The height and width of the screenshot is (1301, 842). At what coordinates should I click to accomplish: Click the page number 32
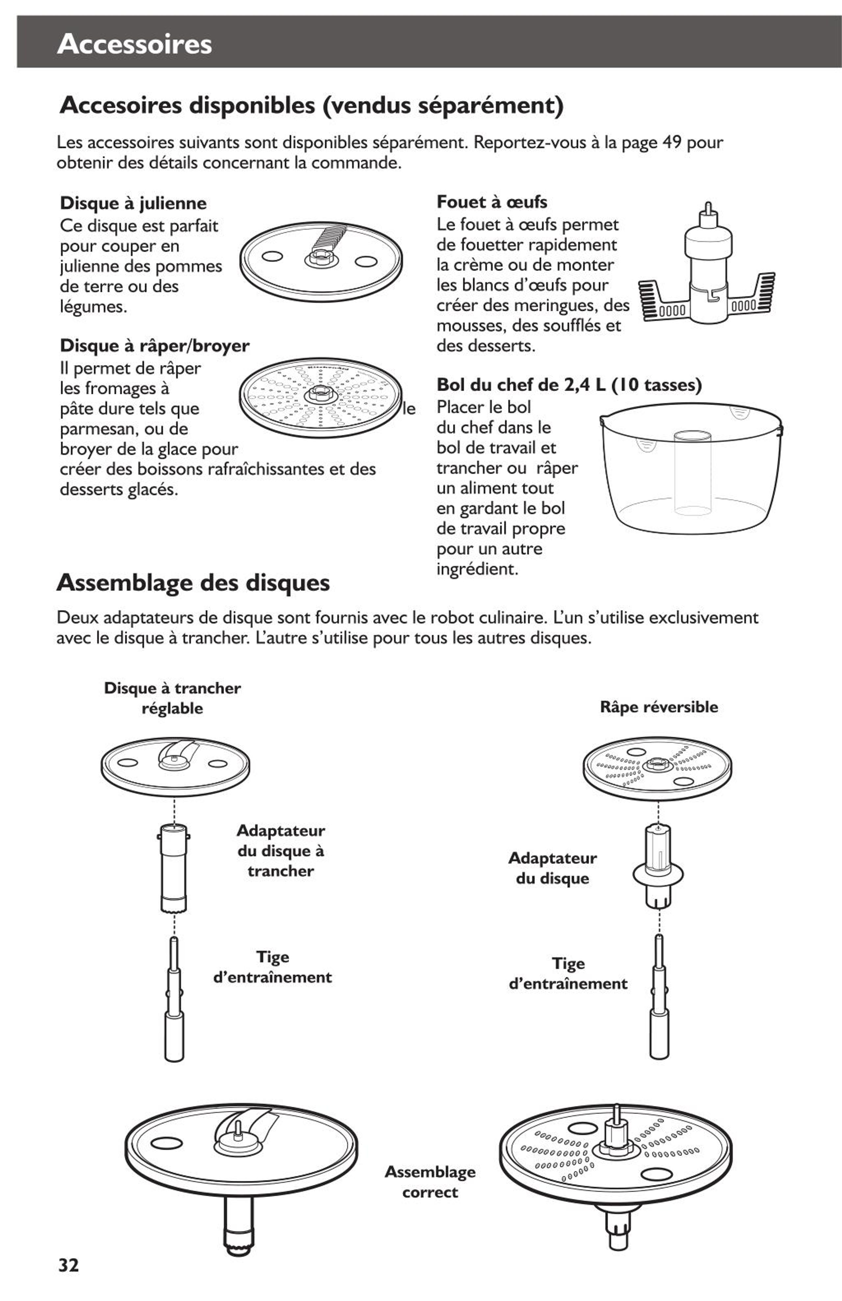pyautogui.click(x=68, y=1264)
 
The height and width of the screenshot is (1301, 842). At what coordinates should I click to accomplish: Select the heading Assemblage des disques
pyautogui.click(x=193, y=583)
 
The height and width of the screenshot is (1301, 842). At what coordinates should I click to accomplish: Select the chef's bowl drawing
pyautogui.click(x=692, y=468)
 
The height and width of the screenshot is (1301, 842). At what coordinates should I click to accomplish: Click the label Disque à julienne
pyautogui.click(x=133, y=203)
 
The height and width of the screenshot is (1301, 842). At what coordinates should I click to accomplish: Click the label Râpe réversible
pyautogui.click(x=659, y=707)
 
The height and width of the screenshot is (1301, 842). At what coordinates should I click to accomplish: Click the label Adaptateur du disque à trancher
pyautogui.click(x=281, y=851)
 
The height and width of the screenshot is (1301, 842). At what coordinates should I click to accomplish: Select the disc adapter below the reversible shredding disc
pyautogui.click(x=658, y=866)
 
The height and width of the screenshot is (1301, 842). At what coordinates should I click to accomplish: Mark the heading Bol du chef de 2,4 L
pyautogui.click(x=569, y=385)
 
